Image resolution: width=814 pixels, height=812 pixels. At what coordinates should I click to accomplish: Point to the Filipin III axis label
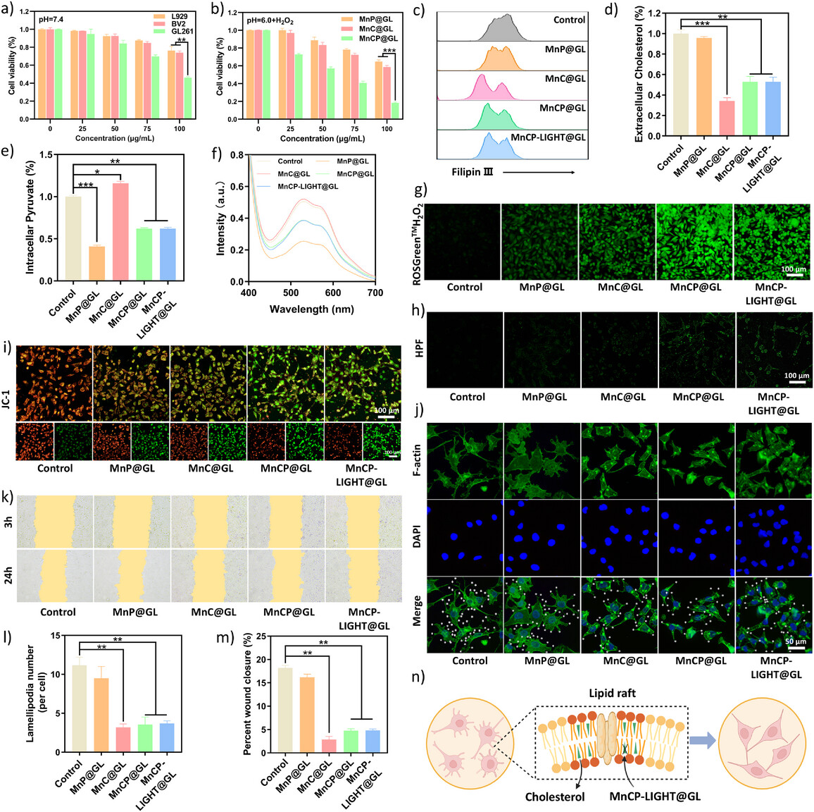click(x=467, y=172)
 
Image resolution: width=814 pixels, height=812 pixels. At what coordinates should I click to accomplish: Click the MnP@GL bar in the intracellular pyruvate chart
click(x=97, y=263)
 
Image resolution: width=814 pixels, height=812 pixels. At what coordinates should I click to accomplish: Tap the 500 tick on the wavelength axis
click(x=291, y=293)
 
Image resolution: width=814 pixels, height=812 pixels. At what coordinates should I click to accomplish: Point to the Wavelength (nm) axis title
click(x=312, y=309)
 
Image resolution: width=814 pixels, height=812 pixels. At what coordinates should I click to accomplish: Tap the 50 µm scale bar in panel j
click(x=795, y=648)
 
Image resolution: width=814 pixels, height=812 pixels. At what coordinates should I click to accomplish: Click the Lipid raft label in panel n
click(x=612, y=694)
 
